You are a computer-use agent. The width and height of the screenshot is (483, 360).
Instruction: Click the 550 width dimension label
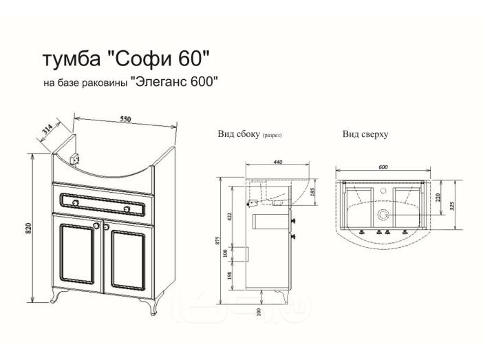(125, 119)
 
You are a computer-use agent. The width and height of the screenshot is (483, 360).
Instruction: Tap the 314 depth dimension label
(47, 130)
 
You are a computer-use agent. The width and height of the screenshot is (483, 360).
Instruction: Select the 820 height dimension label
(29, 227)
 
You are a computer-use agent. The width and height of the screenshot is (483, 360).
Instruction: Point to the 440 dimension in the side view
(277, 162)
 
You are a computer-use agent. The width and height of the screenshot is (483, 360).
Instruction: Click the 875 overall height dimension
(217, 240)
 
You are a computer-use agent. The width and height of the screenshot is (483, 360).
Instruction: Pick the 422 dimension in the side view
(229, 217)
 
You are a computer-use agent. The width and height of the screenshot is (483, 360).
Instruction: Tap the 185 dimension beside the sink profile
(314, 192)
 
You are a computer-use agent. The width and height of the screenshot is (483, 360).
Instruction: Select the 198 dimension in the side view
(229, 275)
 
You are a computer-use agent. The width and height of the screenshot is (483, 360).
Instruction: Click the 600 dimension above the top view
(383, 167)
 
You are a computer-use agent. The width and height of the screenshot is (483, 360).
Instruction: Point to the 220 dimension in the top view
(438, 198)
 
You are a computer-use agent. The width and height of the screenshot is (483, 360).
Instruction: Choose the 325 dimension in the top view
(452, 206)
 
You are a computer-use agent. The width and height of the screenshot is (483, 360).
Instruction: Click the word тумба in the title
(72, 59)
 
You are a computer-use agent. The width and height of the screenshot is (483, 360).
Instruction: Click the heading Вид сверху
(365, 134)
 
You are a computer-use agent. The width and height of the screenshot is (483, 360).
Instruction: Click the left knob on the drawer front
(76, 202)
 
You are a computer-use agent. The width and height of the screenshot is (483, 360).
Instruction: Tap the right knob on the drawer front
(127, 209)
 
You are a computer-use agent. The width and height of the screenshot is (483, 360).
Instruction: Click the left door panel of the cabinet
(78, 253)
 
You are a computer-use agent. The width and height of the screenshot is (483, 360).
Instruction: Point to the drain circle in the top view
(383, 215)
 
